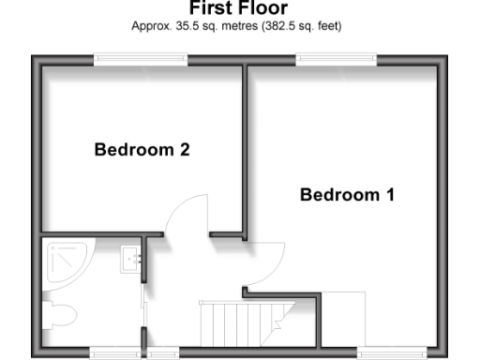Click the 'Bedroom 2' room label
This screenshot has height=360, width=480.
[142, 149]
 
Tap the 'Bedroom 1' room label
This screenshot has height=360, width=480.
[347, 195]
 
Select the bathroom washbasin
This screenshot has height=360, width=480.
[130, 259]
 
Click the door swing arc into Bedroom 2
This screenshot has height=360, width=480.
[187, 211]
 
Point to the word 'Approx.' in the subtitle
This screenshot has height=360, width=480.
[148, 26]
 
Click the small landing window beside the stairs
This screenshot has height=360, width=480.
[163, 352]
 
